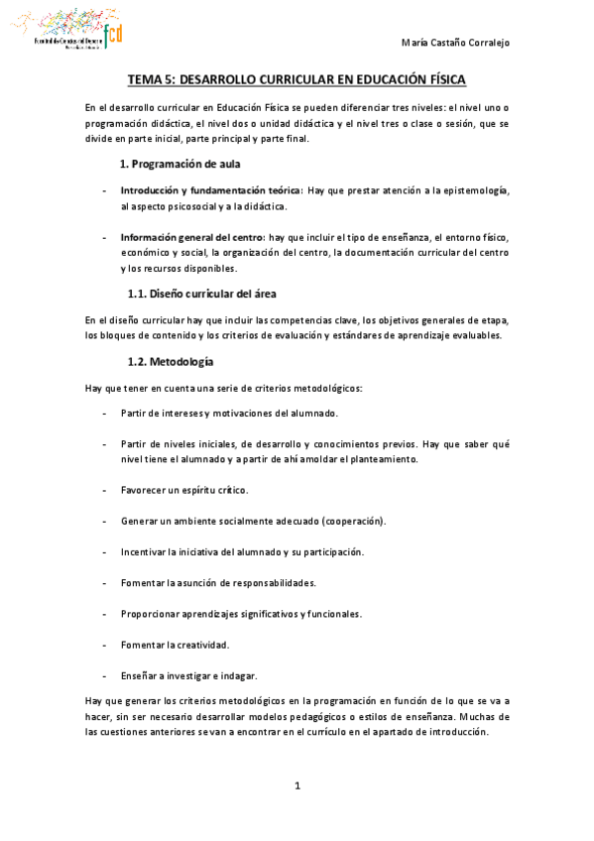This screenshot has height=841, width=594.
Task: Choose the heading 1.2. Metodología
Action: point(171,361)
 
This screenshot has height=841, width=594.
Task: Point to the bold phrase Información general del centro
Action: point(192,238)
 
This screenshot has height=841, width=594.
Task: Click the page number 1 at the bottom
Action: point(297,786)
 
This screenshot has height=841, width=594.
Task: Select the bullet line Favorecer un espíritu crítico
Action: point(184,490)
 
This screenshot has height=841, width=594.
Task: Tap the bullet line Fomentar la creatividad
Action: point(175,645)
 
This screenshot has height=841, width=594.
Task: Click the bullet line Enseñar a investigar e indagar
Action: point(188,675)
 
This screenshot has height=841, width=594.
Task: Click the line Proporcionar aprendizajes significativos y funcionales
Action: point(241,614)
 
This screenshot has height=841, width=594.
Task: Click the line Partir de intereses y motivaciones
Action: point(229,413)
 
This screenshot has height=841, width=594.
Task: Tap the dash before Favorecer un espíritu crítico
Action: point(104,490)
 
